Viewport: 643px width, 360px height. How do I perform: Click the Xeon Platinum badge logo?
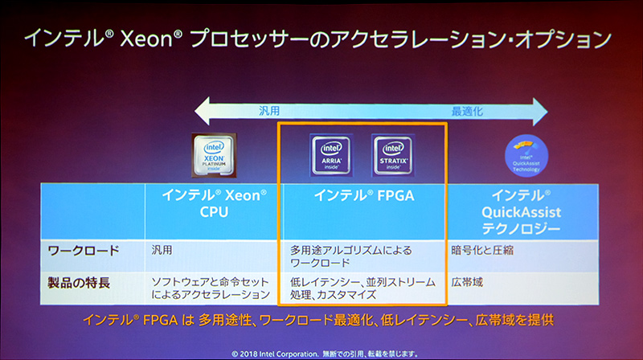(213, 154)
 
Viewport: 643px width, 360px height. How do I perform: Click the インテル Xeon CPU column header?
(213, 203)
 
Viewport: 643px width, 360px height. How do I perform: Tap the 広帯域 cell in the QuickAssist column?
(467, 282)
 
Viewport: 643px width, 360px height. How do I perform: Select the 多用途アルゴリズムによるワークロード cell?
(354, 256)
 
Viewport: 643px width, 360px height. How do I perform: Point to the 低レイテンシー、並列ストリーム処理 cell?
(362, 288)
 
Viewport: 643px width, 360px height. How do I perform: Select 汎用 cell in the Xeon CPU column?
(162, 250)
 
